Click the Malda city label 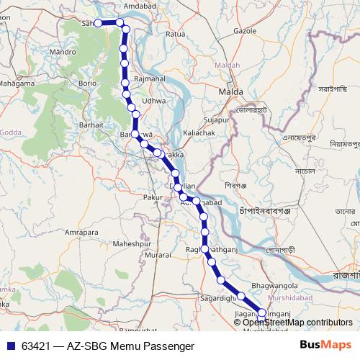click(232, 93)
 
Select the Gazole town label click(246, 31)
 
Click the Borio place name click(87, 84)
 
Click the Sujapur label click(215, 119)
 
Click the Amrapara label click(81, 233)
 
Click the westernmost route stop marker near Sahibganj click(99, 23)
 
